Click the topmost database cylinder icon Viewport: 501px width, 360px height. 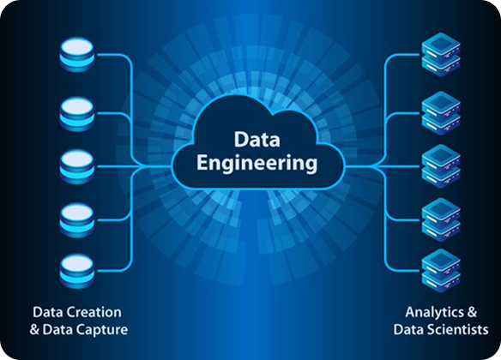[77, 54]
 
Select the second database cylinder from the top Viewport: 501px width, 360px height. [77, 114]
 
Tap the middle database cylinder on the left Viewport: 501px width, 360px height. [77, 167]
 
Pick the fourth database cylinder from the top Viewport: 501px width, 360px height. [77, 220]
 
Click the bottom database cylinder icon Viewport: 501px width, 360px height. [77, 271]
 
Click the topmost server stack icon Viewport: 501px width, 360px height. [441, 54]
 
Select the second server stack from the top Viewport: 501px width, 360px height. [441, 113]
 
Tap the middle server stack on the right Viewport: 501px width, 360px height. [441, 166]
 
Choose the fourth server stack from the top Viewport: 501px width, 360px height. [441, 220]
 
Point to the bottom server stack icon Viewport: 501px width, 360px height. [441, 271]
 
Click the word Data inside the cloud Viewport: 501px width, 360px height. [257, 140]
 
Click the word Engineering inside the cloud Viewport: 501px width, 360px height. [257, 164]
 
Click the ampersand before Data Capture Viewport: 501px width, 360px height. [34, 330]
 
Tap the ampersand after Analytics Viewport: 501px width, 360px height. [472, 312]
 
